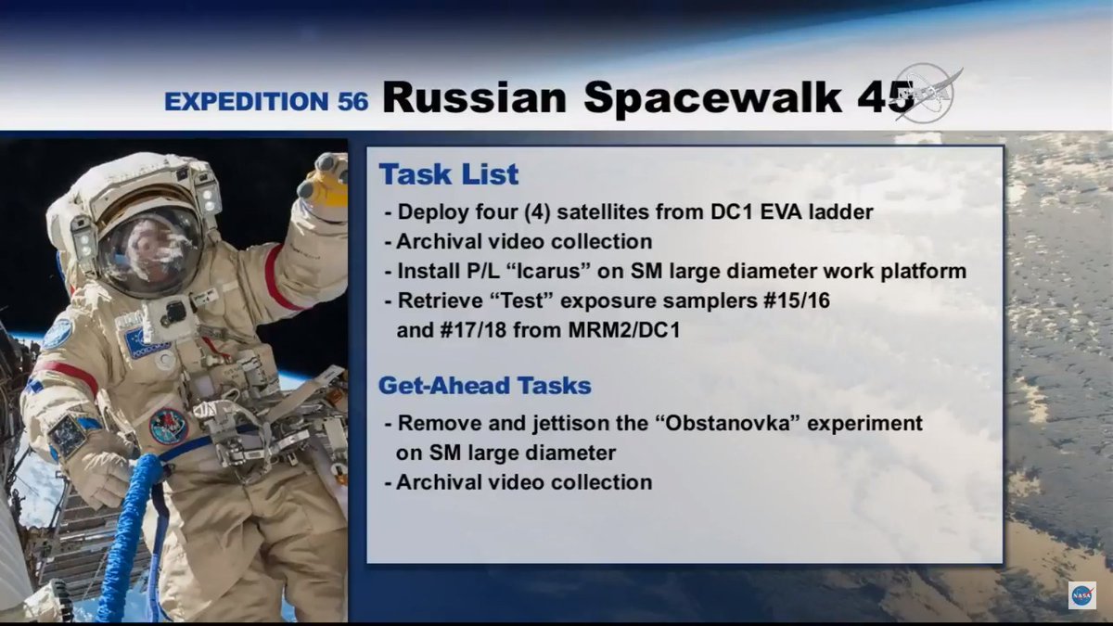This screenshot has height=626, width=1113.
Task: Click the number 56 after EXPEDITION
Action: pos(352,101)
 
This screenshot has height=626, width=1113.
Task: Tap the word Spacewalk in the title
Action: pos(712,98)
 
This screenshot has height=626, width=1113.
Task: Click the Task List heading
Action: pos(449,174)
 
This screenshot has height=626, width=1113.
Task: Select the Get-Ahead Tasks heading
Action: pos(485,386)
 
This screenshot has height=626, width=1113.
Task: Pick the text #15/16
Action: pos(796,300)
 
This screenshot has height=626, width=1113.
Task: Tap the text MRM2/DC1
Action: pos(624,330)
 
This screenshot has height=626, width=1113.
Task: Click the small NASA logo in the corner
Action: pos(1082,595)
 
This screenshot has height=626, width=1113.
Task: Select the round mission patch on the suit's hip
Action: pos(168,427)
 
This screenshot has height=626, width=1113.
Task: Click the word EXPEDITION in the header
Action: pos(247,101)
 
